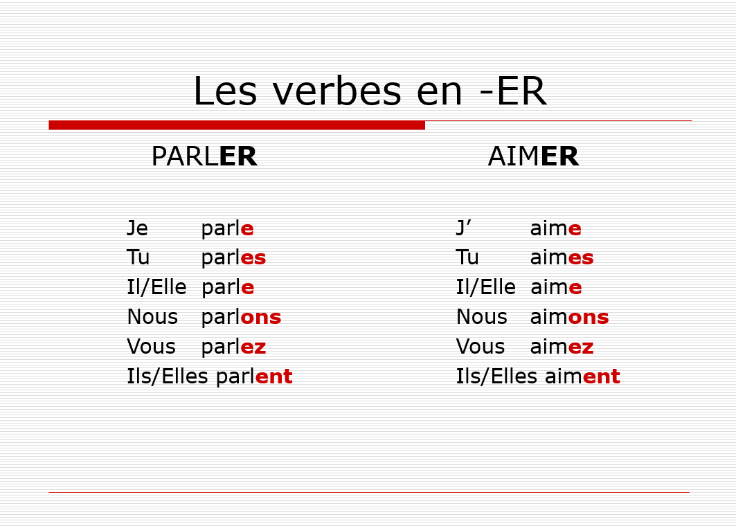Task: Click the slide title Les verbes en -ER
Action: point(369,92)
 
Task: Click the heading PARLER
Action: point(204,157)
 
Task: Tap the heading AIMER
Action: point(533,157)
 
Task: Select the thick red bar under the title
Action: point(237,125)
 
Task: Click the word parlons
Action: point(241,318)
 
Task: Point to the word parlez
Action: point(233,347)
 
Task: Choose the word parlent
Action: point(254,377)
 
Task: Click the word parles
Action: point(233,258)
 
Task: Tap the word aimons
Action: point(569,318)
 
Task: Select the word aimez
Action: point(562,347)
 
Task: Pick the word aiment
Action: point(582,377)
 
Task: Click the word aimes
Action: point(562,258)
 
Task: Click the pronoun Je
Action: point(137,229)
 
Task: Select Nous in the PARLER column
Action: point(152,318)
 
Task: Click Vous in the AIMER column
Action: point(481,347)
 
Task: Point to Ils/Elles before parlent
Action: point(168,377)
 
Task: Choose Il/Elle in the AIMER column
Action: point(485,288)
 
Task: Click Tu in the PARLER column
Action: point(138,258)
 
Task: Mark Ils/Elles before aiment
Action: point(496,377)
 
